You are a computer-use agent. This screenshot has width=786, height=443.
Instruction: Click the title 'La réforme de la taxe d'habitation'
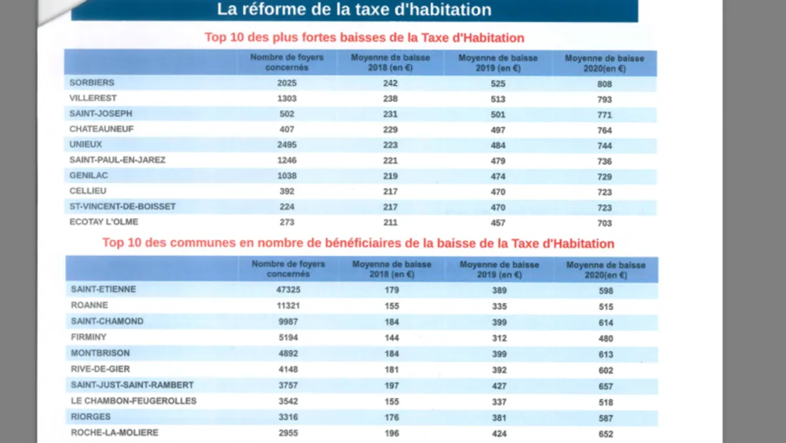point(354,10)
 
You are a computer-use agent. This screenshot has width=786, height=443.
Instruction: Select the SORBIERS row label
point(92,83)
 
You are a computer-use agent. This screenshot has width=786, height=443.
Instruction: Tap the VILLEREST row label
point(93,98)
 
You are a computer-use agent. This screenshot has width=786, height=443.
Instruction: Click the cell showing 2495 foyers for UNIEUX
point(287,144)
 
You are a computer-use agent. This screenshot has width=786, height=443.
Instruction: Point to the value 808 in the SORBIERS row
point(605,84)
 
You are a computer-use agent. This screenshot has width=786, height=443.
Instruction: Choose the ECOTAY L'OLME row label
point(104,222)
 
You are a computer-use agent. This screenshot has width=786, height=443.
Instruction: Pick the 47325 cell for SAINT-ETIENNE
point(287,289)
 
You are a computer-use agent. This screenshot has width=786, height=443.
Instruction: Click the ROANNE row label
point(89,305)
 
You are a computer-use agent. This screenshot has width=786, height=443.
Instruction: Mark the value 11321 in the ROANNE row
point(287,305)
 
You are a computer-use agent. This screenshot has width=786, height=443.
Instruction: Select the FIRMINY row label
point(89,337)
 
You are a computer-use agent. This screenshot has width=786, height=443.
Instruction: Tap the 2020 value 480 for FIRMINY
point(606,339)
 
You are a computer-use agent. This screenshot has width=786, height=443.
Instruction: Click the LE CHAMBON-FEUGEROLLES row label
point(124,401)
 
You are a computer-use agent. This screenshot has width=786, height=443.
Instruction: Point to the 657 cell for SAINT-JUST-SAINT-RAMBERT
point(606,386)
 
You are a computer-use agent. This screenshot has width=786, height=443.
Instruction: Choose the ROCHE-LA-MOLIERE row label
point(114,432)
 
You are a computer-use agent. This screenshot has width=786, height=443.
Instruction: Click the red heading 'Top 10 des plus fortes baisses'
point(364,38)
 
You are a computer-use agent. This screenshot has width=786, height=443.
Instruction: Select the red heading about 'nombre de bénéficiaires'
point(358,243)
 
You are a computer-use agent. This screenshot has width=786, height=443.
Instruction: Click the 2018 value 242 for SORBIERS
point(390,83)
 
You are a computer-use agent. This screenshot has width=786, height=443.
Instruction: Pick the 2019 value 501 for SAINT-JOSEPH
point(498,114)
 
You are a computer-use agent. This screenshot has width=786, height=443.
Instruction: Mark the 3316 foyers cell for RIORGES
point(287,417)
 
